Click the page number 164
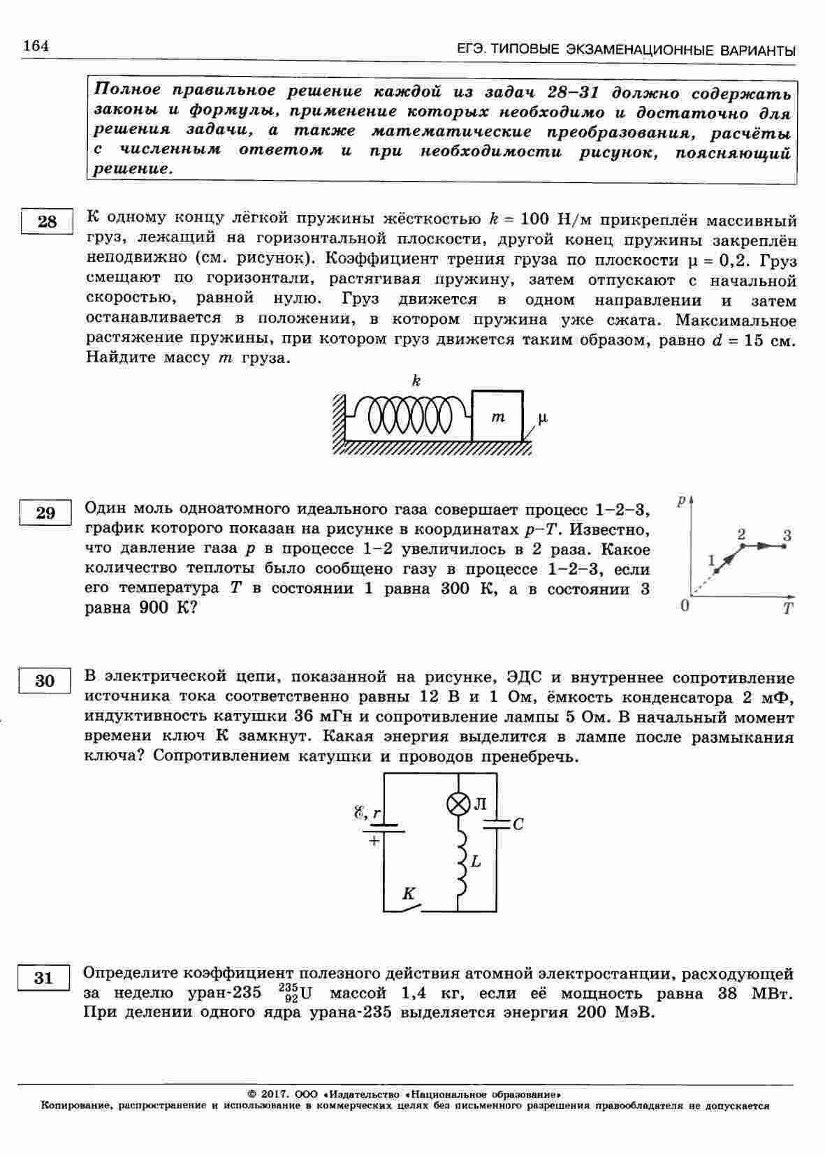[36, 46]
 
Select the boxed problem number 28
[47, 222]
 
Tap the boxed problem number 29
[45, 513]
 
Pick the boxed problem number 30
[44, 681]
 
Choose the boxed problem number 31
[43, 978]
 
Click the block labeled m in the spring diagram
[497, 417]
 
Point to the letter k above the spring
[416, 381]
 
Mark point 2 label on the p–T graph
[741, 534]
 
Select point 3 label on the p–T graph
[787, 536]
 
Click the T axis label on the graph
[788, 609]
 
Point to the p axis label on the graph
[681, 501]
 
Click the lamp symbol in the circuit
[458, 804]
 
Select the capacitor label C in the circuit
[518, 825]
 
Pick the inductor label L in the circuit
[476, 862]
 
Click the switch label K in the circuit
[409, 894]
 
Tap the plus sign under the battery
[374, 841]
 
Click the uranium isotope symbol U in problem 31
[305, 994]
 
